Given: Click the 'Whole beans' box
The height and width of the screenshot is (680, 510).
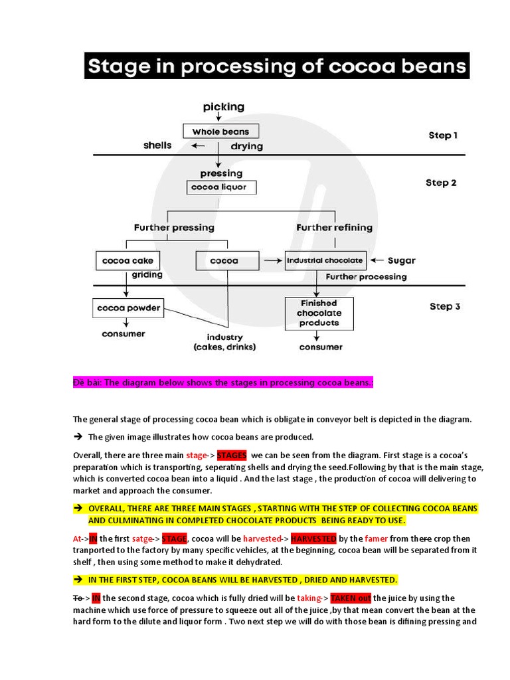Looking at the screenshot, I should (220, 131).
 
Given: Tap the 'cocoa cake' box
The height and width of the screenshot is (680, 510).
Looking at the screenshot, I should (127, 261).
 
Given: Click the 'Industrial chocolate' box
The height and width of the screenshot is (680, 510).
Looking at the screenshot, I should (325, 261).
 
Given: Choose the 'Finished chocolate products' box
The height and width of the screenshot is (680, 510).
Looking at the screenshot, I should (319, 313).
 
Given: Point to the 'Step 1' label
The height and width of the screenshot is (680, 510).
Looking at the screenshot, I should (443, 135).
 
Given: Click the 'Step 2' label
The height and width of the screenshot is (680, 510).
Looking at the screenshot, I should (441, 183).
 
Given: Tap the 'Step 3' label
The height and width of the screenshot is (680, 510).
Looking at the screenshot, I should (445, 306).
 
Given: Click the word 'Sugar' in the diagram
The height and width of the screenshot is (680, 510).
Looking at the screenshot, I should (401, 261).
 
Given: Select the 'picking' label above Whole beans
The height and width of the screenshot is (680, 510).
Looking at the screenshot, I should (223, 106).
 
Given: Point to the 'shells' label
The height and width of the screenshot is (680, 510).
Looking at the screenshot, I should (157, 145).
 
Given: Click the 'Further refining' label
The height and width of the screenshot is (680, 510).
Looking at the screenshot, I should (334, 227).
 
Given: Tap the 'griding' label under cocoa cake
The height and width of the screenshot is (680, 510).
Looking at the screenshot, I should (147, 274).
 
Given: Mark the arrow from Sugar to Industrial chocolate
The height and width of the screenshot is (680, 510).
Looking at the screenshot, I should (376, 261).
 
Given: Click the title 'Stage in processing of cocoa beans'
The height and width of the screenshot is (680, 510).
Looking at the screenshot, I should (277, 66).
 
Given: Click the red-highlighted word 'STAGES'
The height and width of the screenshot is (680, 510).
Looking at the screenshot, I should (232, 456).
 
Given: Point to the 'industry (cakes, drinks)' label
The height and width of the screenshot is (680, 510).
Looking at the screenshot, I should (224, 342).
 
